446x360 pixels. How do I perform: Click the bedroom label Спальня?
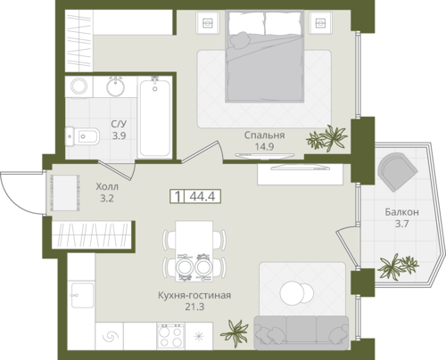pos(264,135)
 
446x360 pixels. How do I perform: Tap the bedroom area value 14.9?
pos(264,146)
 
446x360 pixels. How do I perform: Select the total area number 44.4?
pos(202,196)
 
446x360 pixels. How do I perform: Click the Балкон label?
pos(401,212)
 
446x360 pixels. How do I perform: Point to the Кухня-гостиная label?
pos(194,295)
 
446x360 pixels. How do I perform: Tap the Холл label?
pos(107,186)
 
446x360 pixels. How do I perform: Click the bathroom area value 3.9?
pos(119,135)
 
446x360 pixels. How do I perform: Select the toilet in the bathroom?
pos(82,136)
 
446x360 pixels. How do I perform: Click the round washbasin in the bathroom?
pos(115,86)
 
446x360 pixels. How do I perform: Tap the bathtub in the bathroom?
pos(155,117)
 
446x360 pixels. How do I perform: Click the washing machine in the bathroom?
pos(78,86)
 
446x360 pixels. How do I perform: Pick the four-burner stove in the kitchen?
pos(170,336)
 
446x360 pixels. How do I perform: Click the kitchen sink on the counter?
pos(82,295)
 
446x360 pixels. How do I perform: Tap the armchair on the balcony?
pos(397,172)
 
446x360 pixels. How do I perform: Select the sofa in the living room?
pos(301,332)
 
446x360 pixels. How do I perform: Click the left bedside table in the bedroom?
pos(207,22)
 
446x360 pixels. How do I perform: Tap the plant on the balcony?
pos(398,266)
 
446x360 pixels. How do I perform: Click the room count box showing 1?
pos(178,196)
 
